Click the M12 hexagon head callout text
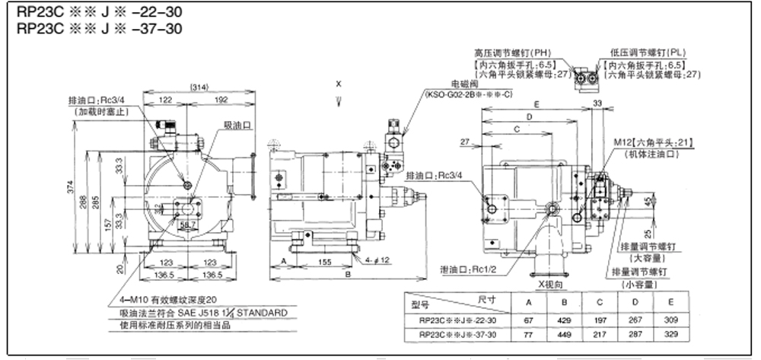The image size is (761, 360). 655,142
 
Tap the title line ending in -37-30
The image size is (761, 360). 95,30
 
